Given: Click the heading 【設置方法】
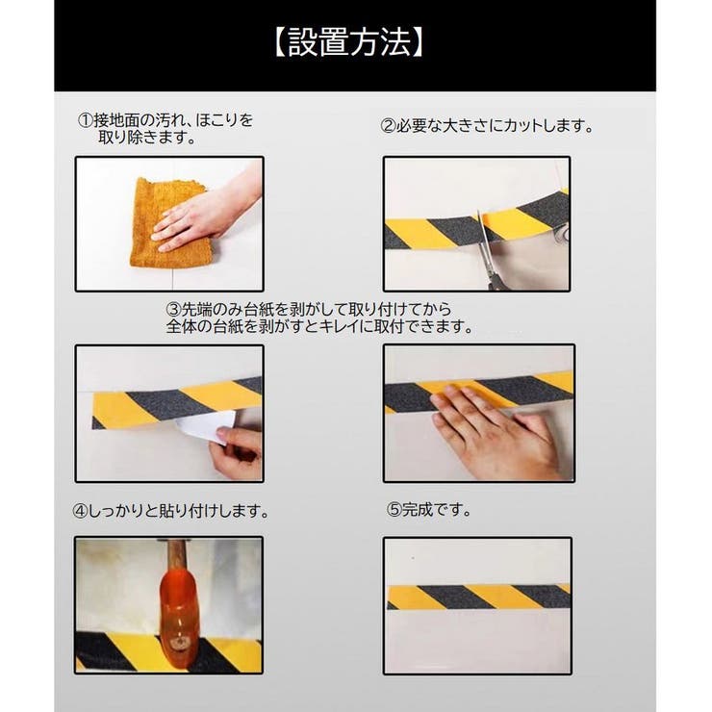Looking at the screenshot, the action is (x=348, y=42).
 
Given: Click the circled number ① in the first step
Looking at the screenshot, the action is (x=86, y=120).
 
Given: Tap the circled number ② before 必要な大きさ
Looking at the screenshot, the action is (x=389, y=126).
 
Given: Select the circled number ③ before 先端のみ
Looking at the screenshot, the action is (x=174, y=309).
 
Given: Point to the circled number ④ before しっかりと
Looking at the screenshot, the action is (x=80, y=511).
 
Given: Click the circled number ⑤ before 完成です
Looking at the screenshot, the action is (x=394, y=510).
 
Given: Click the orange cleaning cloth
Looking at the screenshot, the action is (x=168, y=222).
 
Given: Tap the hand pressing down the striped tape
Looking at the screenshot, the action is (x=495, y=429).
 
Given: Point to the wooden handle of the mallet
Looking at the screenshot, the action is (x=176, y=555).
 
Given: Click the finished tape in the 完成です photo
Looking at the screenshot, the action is (x=478, y=597).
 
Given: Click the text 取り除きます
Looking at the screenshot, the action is (x=147, y=137).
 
